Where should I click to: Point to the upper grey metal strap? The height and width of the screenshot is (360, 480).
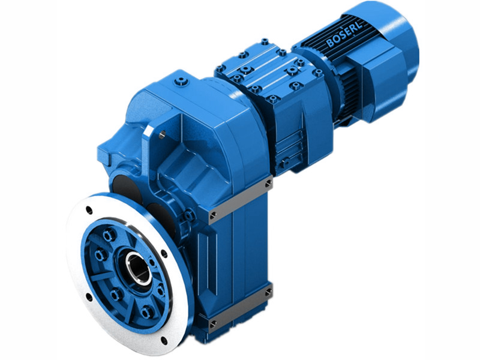pos(240,197)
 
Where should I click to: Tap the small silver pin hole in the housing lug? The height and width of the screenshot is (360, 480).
pos(161,136)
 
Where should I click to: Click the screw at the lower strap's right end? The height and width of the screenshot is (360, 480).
pos(268,292)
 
